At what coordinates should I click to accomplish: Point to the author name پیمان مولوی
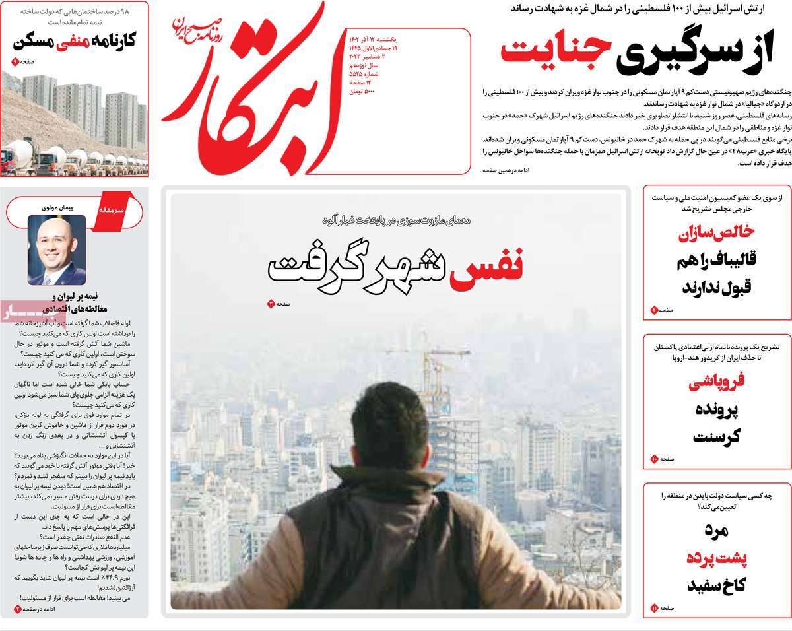pyautogui.click(x=57, y=208)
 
